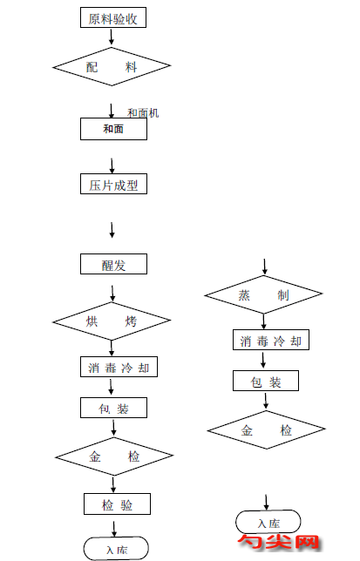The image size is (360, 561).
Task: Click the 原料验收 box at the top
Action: [x=112, y=17]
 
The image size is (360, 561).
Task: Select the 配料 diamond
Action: [x=112, y=66]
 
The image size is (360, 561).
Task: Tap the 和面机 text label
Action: [x=143, y=113]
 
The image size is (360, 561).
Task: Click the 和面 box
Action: [x=113, y=128]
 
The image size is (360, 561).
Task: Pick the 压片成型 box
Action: [x=113, y=185]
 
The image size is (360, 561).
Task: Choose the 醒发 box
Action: [x=113, y=264]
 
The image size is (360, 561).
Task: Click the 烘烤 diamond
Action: [x=112, y=321]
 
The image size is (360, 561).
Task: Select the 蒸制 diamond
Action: [x=264, y=295]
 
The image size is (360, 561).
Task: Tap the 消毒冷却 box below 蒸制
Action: [x=270, y=341]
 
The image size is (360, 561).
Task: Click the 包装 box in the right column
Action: [x=266, y=381]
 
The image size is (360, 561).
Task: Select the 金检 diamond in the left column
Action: [x=113, y=456]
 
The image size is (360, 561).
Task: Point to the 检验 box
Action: [x=118, y=504]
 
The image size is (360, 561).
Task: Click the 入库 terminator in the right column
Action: [x=268, y=522]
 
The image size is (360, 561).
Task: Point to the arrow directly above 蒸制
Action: [x=265, y=266]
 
